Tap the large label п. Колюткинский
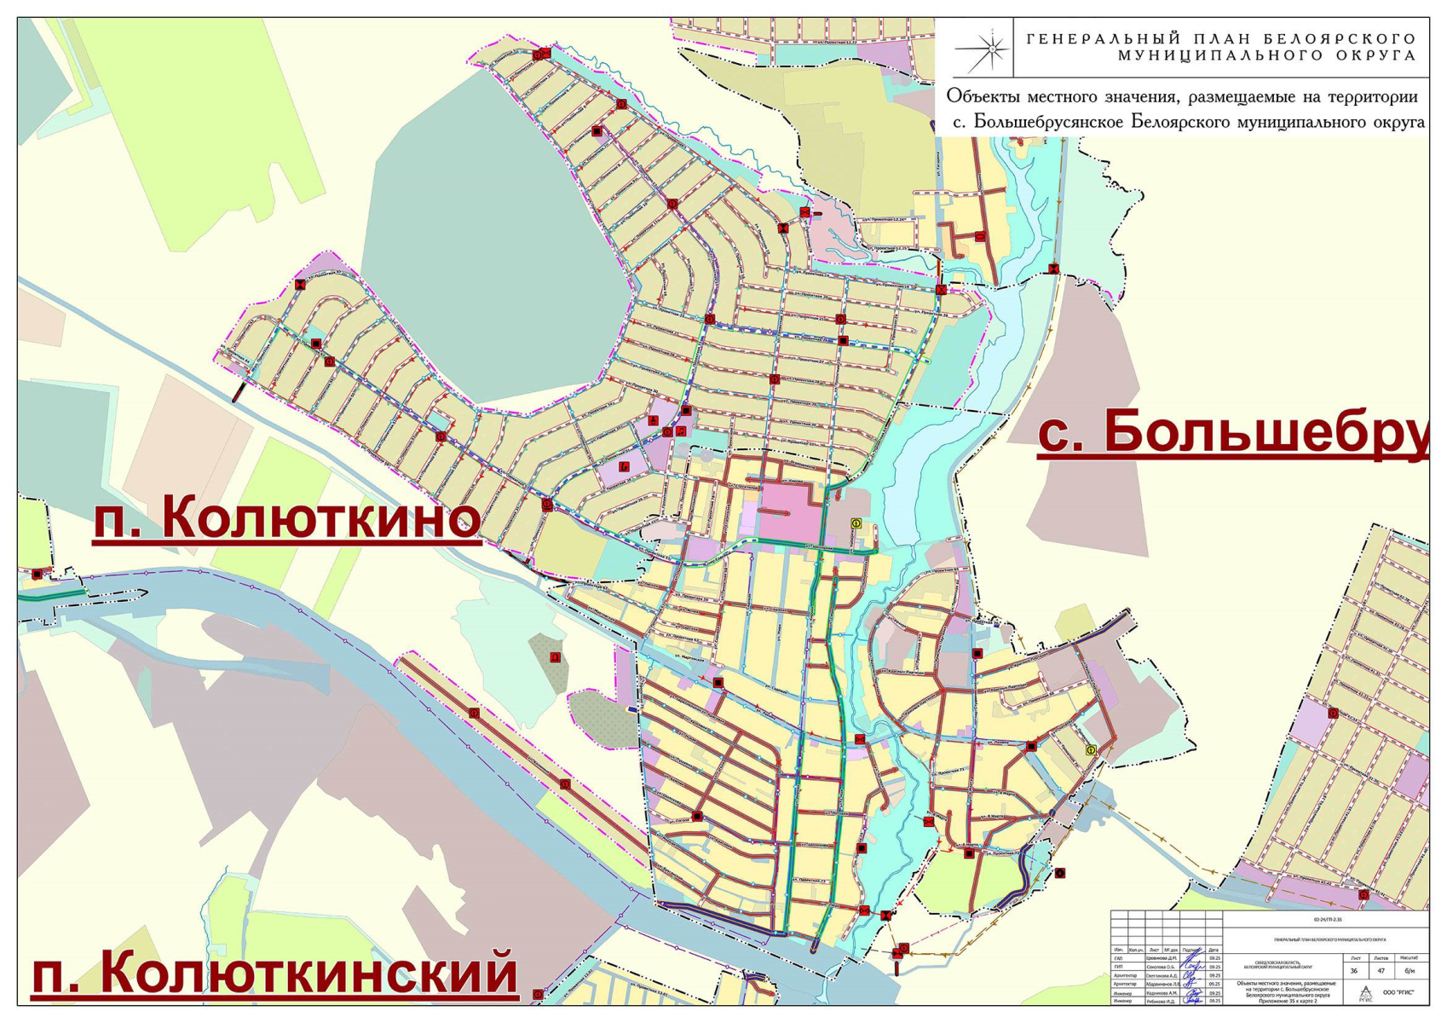(274, 972)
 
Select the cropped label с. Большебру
(1231, 431)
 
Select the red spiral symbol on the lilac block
(624, 466)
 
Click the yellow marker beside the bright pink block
(856, 523)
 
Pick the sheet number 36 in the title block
(1354, 970)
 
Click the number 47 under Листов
(1381, 970)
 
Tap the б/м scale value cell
(1410, 970)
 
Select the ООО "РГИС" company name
(1398, 992)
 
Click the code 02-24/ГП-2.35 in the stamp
(1328, 920)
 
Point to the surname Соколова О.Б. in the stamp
(1161, 967)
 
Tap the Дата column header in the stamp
(1214, 950)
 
